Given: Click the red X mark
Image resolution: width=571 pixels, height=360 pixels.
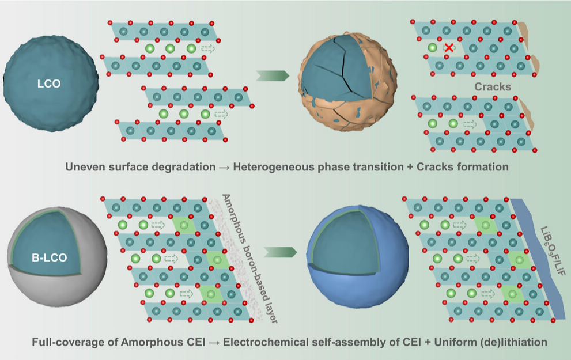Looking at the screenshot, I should point(449,49).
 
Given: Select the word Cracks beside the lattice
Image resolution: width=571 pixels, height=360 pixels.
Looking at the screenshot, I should point(492,86).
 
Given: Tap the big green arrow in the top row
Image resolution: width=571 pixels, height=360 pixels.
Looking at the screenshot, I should point(271,75).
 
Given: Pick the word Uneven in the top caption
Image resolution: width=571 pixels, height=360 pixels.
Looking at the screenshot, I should point(82,168).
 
